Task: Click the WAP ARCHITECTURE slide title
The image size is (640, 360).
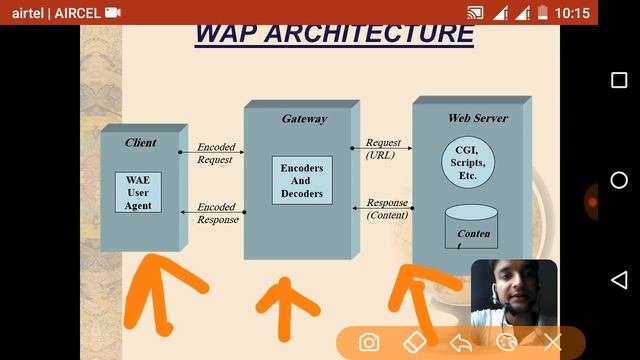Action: [x=334, y=32]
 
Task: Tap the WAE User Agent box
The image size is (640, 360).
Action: [x=138, y=192]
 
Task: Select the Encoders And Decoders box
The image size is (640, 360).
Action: [x=302, y=180]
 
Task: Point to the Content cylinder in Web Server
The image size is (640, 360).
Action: [x=471, y=228]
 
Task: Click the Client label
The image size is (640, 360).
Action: [x=141, y=142]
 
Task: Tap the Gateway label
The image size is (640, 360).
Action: [x=304, y=118]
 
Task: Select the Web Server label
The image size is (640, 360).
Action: [x=477, y=118]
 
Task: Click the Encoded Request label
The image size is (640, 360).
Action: [x=215, y=153]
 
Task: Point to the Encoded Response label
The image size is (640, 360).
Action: [x=217, y=213]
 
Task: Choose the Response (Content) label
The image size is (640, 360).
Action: [x=387, y=208]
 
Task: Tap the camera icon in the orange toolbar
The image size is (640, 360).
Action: [x=369, y=343]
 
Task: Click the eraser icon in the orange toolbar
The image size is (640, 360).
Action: [x=414, y=342]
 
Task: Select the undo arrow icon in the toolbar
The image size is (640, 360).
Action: [x=460, y=343]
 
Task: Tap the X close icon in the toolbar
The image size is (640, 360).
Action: [x=552, y=343]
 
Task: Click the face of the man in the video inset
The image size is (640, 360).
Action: [x=521, y=294]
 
